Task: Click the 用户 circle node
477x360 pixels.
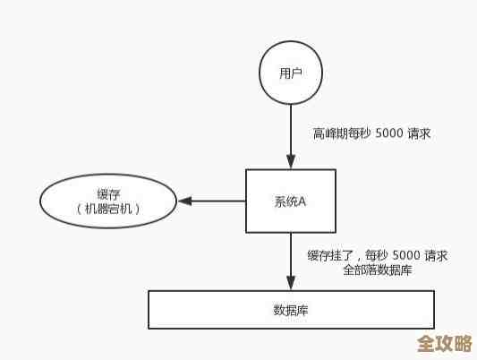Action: [291, 72]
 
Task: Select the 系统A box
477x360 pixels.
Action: [291, 201]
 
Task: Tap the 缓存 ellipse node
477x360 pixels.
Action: [108, 201]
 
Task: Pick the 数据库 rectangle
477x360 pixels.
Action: [291, 310]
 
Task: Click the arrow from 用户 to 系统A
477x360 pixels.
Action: [291, 134]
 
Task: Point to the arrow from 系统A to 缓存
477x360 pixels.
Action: [215, 201]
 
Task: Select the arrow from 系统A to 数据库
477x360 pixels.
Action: [291, 260]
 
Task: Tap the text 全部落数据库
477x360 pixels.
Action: [377, 270]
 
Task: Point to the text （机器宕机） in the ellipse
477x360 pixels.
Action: [109, 209]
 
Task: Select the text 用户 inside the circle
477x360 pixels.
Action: [291, 73]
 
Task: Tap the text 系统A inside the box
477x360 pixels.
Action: [291, 201]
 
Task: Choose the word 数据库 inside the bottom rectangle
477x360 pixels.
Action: [291, 311]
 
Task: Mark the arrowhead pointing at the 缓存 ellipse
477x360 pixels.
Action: [183, 201]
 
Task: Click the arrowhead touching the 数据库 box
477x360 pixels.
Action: [291, 284]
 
